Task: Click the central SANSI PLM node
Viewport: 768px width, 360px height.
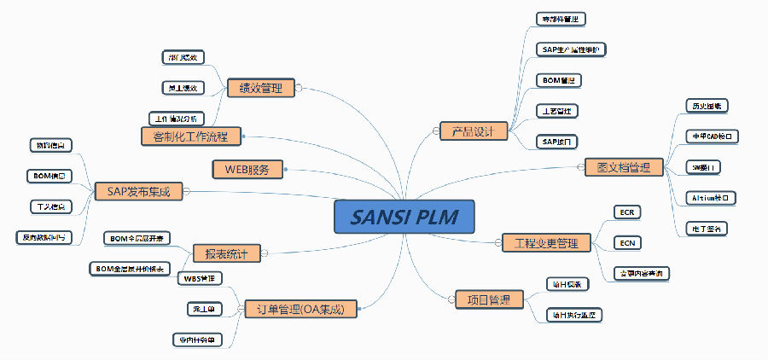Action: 404,217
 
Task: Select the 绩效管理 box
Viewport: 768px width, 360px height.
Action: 260,87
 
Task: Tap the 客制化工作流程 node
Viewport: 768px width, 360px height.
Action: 190,136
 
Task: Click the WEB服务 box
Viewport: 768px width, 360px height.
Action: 247,169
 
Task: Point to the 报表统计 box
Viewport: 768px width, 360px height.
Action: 226,253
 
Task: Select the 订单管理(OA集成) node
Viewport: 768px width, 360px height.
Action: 300,308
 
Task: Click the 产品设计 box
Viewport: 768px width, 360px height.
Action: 474,131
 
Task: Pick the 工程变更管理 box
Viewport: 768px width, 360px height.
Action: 546,243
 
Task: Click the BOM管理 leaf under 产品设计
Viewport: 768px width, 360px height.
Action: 558,80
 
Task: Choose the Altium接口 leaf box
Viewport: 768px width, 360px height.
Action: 711,198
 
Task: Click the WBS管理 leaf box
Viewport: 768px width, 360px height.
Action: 200,278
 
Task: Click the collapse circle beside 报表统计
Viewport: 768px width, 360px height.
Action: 265,253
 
